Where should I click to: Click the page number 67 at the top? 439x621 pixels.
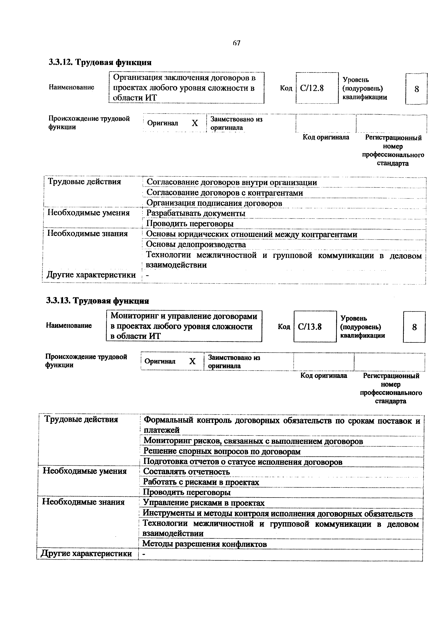236,43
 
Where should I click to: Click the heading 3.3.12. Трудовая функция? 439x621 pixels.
100,62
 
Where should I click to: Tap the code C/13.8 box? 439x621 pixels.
315,327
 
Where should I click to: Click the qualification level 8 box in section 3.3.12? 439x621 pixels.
416,89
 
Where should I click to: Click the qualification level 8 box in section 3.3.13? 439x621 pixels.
414,327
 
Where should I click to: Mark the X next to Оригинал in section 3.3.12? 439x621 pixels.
195,123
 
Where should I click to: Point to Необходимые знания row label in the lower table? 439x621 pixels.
83,502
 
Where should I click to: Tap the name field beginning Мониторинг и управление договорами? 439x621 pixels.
184,326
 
